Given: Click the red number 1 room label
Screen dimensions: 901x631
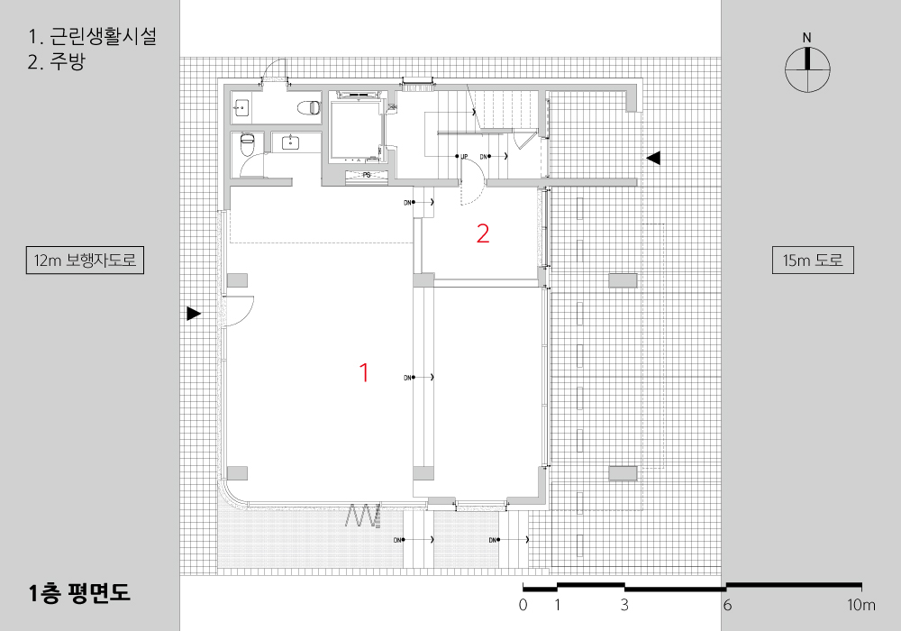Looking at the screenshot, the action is pyautogui.click(x=364, y=372).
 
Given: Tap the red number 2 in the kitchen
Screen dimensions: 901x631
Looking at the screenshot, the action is pyautogui.click(x=483, y=234).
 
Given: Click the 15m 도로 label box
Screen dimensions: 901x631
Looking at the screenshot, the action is pyautogui.click(x=813, y=261).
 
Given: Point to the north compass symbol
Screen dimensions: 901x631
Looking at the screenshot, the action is pyautogui.click(x=807, y=69).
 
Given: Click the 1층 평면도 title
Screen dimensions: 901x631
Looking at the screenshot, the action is pyautogui.click(x=79, y=593).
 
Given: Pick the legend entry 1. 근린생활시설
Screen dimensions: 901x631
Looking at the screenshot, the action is pyautogui.click(x=93, y=38).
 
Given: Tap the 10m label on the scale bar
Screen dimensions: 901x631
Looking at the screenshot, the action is pyautogui.click(x=860, y=605).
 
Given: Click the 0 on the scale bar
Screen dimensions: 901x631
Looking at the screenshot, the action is pyautogui.click(x=523, y=605).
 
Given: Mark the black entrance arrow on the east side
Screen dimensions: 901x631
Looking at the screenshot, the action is pyautogui.click(x=653, y=158).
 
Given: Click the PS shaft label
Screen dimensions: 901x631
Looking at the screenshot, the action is pyautogui.click(x=367, y=175).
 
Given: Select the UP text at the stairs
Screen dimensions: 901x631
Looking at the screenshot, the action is pyautogui.click(x=466, y=157).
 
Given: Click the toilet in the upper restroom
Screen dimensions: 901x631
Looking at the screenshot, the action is pyautogui.click(x=309, y=107).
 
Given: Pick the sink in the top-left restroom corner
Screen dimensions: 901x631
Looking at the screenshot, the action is pyautogui.click(x=241, y=108).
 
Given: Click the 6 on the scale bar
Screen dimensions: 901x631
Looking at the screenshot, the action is pyautogui.click(x=727, y=605).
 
